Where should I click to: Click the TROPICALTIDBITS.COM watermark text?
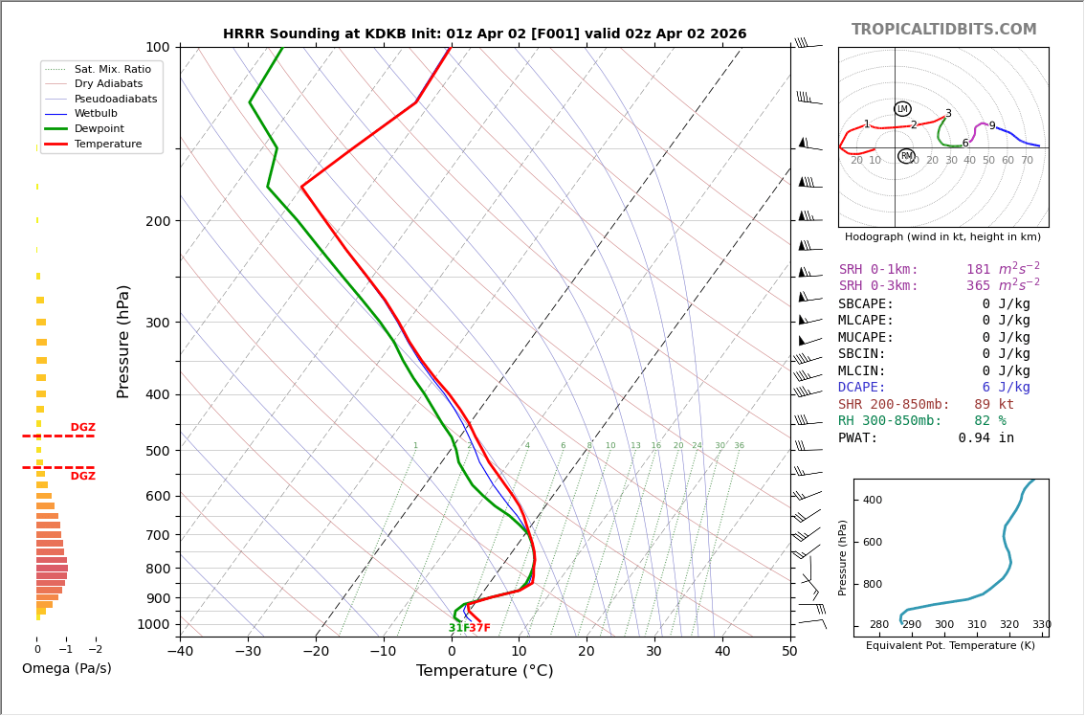pos(943,30)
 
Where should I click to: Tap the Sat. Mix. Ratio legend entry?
pos(112,69)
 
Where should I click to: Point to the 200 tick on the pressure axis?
pos(157,221)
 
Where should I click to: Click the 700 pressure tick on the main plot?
pos(157,535)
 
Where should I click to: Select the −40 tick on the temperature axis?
pos(180,652)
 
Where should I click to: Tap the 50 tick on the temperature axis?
pos(789,652)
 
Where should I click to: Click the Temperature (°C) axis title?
pos(484,671)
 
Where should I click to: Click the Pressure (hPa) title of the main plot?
pos(123,341)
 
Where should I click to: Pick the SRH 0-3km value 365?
pos(978,286)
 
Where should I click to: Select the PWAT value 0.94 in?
pos(985,438)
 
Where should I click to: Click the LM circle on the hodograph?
pos(902,109)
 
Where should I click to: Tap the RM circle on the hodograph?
pos(906,156)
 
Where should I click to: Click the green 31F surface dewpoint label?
pos(459,629)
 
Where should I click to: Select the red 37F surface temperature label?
pos(480,629)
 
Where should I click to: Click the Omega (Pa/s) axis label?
pos(67,669)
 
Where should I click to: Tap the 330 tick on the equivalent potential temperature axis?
pos(1041,625)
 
